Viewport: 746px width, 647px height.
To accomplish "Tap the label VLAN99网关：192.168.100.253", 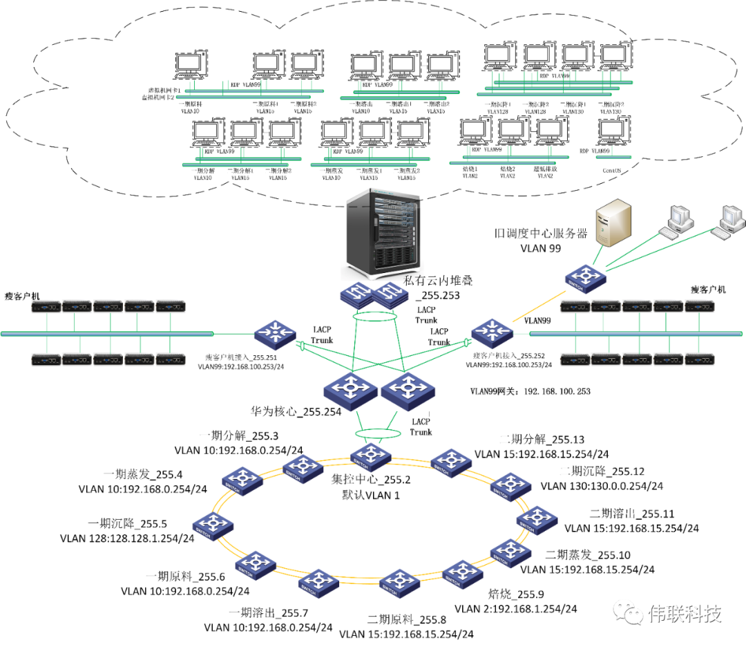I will click(x=530, y=391).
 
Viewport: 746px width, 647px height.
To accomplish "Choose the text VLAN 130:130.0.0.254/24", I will click(x=602, y=486).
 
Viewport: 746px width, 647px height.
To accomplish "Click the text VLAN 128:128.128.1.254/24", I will click(x=127, y=538).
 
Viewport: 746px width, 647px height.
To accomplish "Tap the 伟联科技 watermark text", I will click(x=684, y=614).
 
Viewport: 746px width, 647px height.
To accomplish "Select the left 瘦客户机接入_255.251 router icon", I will click(x=274, y=335).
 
